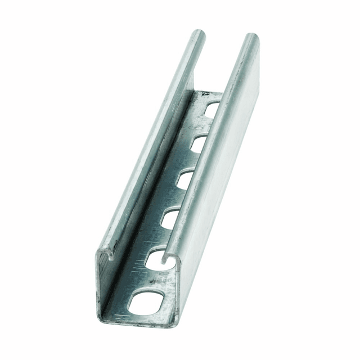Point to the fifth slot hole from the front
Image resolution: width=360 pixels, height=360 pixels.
tap(197, 145)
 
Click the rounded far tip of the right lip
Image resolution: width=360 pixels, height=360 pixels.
tap(251, 38)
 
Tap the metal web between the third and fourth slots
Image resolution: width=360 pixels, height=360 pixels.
tap(177, 199)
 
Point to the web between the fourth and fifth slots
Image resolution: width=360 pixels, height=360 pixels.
tap(190, 163)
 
